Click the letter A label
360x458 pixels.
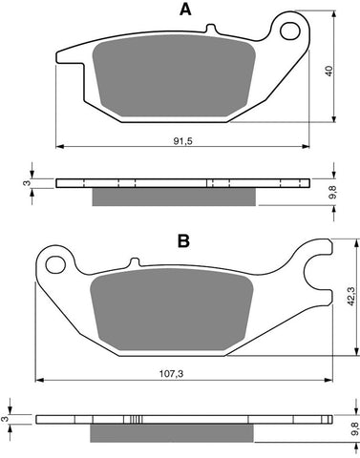tap(184, 10)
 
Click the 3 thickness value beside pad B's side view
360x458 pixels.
tap(8, 417)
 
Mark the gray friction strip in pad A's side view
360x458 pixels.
tap(174, 198)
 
